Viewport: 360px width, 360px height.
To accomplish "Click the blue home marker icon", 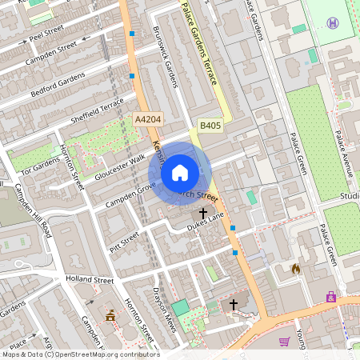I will coord(180,172).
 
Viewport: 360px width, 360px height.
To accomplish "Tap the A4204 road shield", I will coord(148,119).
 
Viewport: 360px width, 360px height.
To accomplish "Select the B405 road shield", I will coord(210,126).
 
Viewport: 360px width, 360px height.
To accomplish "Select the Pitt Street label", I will coord(124,239).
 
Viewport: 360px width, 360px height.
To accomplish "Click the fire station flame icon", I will coord(296,269).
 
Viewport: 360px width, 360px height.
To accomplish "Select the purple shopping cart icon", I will coord(284,342).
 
